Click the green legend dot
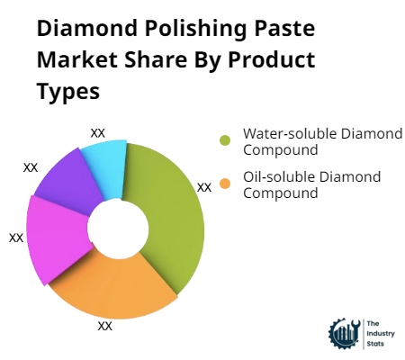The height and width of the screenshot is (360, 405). [x=225, y=140]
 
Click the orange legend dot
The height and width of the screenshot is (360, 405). [x=225, y=184]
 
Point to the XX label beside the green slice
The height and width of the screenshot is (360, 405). [x=204, y=187]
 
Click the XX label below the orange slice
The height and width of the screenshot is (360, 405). [x=105, y=326]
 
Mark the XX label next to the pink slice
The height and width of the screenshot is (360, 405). [x=16, y=238]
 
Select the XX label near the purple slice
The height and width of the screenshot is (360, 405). [x=31, y=167]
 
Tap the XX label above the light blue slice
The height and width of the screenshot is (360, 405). [x=98, y=132]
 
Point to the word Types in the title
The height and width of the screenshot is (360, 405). [x=68, y=92]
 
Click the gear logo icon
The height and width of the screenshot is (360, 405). [x=344, y=332]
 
